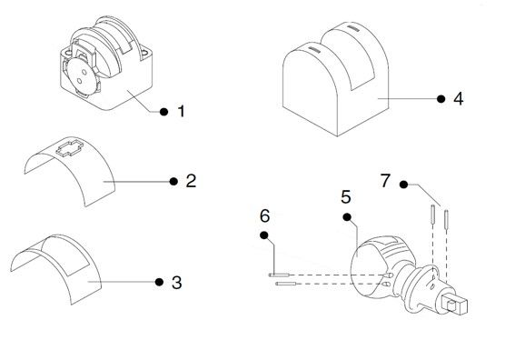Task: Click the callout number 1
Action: (x=182, y=111)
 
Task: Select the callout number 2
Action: (x=191, y=181)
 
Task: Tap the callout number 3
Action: (x=177, y=283)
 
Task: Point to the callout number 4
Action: (x=459, y=98)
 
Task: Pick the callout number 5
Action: (x=346, y=196)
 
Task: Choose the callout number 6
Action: (x=264, y=215)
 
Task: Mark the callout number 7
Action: (x=385, y=180)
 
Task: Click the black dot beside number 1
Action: (x=163, y=112)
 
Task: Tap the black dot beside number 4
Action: (x=441, y=98)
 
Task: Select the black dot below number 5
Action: (x=347, y=217)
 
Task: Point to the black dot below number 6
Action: (x=264, y=235)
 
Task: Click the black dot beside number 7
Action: (x=403, y=185)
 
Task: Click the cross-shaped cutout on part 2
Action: (x=70, y=148)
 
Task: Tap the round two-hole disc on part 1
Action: (x=81, y=75)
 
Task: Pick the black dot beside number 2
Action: (x=173, y=182)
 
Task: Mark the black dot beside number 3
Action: (x=159, y=282)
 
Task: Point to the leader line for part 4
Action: (x=408, y=98)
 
